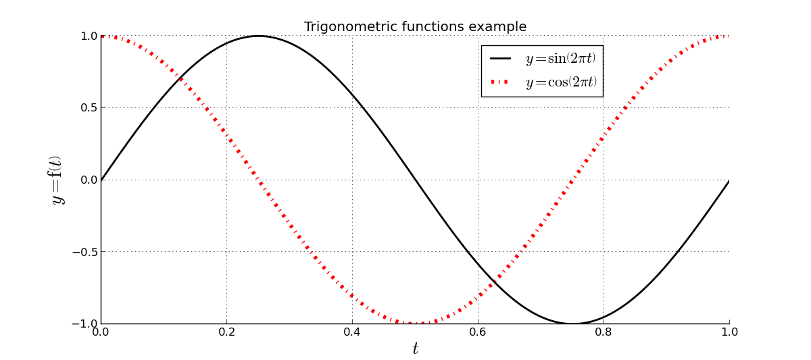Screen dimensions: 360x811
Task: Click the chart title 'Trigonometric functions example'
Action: click(x=415, y=27)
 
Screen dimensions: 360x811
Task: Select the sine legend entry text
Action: click(x=560, y=59)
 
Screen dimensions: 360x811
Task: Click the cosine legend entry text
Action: click(x=561, y=82)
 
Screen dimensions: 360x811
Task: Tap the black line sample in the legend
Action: click(x=500, y=59)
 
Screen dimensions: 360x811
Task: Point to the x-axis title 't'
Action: click(x=415, y=349)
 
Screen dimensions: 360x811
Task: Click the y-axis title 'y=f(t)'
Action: click(x=55, y=180)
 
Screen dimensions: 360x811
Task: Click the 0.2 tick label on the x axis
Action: click(x=226, y=332)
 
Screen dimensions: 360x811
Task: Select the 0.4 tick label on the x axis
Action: click(x=352, y=332)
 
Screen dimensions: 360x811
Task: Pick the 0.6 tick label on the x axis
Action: click(x=478, y=332)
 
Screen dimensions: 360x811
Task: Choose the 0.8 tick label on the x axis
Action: click(x=604, y=332)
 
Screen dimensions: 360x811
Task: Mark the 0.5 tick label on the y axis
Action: click(x=89, y=108)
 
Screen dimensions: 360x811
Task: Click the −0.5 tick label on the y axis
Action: click(x=84, y=252)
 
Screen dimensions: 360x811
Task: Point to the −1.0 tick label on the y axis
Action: click(x=84, y=324)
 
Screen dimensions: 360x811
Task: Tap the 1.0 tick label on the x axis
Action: click(x=729, y=332)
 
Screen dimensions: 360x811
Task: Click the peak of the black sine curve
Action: click(x=258, y=36)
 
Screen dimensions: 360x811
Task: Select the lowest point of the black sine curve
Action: click(x=572, y=324)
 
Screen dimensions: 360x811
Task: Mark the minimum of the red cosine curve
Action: click(x=415, y=324)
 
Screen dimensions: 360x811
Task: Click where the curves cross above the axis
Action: click(x=180, y=78)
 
